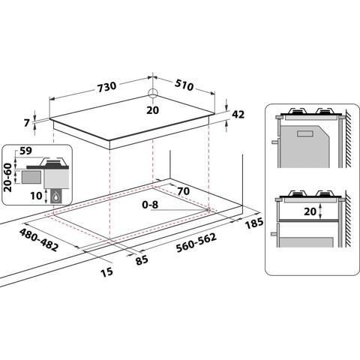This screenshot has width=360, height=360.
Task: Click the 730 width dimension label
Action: [x=106, y=86]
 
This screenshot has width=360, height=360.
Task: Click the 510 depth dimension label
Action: [x=184, y=86]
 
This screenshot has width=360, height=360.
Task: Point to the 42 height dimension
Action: [x=239, y=115]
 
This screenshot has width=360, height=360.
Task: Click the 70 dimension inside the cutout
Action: [x=184, y=191]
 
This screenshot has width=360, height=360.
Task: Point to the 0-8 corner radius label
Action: [x=151, y=203]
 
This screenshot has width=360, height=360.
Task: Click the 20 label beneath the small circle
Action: [x=153, y=109]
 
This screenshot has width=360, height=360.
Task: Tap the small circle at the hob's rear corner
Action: [x=153, y=94]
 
